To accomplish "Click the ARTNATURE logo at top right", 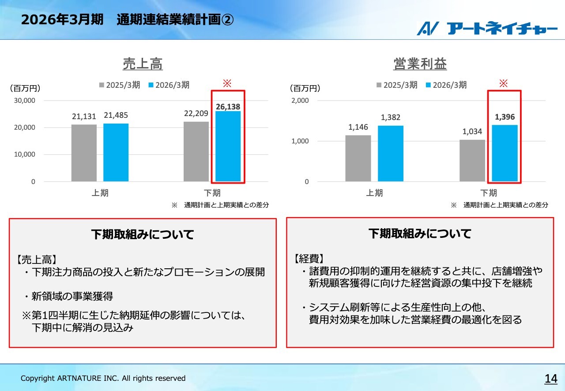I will coord(487,28).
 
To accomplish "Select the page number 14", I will coord(551,378).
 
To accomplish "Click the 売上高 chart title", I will coord(143,64).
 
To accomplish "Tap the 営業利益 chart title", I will coord(420,64).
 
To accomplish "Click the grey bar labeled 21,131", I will coord(84,153).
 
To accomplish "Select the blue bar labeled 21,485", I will coord(116,152).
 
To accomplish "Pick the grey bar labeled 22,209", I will coord(196,151).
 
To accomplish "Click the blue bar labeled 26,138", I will coord(228,146).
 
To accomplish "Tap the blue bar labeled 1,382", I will coord(391,153).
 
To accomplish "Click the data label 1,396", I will coord(505,117).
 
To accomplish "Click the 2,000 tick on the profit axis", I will coord(300,101).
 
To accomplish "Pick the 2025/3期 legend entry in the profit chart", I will coord(396,85).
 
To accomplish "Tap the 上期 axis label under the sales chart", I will coord(100,193).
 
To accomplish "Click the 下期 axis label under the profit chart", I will coord(488,193).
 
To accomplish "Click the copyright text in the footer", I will coord(103,378).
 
